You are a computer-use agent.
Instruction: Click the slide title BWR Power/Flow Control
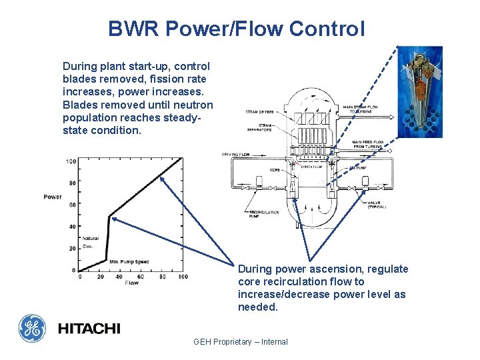pyautogui.click(x=237, y=29)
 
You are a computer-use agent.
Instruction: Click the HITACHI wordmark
pyautogui.click(x=89, y=329)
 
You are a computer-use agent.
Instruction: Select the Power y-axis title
pyautogui.click(x=53, y=197)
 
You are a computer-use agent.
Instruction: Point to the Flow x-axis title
pyautogui.click(x=132, y=283)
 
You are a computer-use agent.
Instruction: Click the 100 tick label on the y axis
pyautogui.click(x=71, y=161)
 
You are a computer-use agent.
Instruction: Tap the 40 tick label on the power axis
pyautogui.click(x=73, y=227)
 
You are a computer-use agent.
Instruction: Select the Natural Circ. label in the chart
pyautogui.click(x=90, y=242)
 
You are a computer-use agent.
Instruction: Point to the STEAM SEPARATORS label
pyautogui.click(x=258, y=127)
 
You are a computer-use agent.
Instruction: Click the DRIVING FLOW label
pyautogui.click(x=235, y=155)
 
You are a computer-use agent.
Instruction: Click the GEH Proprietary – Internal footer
pyautogui.click(x=240, y=342)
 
